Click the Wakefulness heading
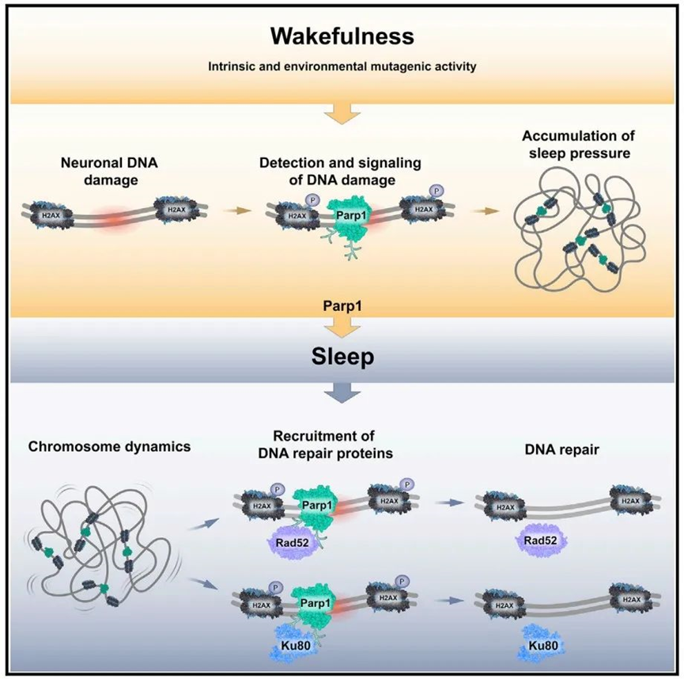point(341,36)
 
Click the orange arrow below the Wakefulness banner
point(342,116)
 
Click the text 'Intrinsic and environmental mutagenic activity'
point(341,68)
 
